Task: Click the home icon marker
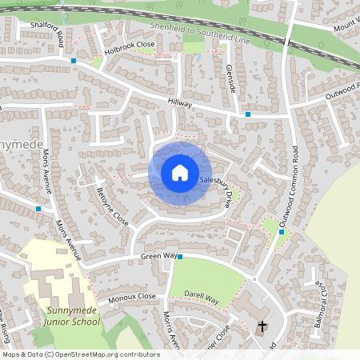point(179,172)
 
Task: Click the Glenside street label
point(230,77)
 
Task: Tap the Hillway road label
point(181,102)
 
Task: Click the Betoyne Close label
point(111,206)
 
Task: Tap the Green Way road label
point(158,256)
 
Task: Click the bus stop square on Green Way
point(180,257)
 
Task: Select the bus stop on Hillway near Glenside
point(248,114)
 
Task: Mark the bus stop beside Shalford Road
point(74,61)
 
